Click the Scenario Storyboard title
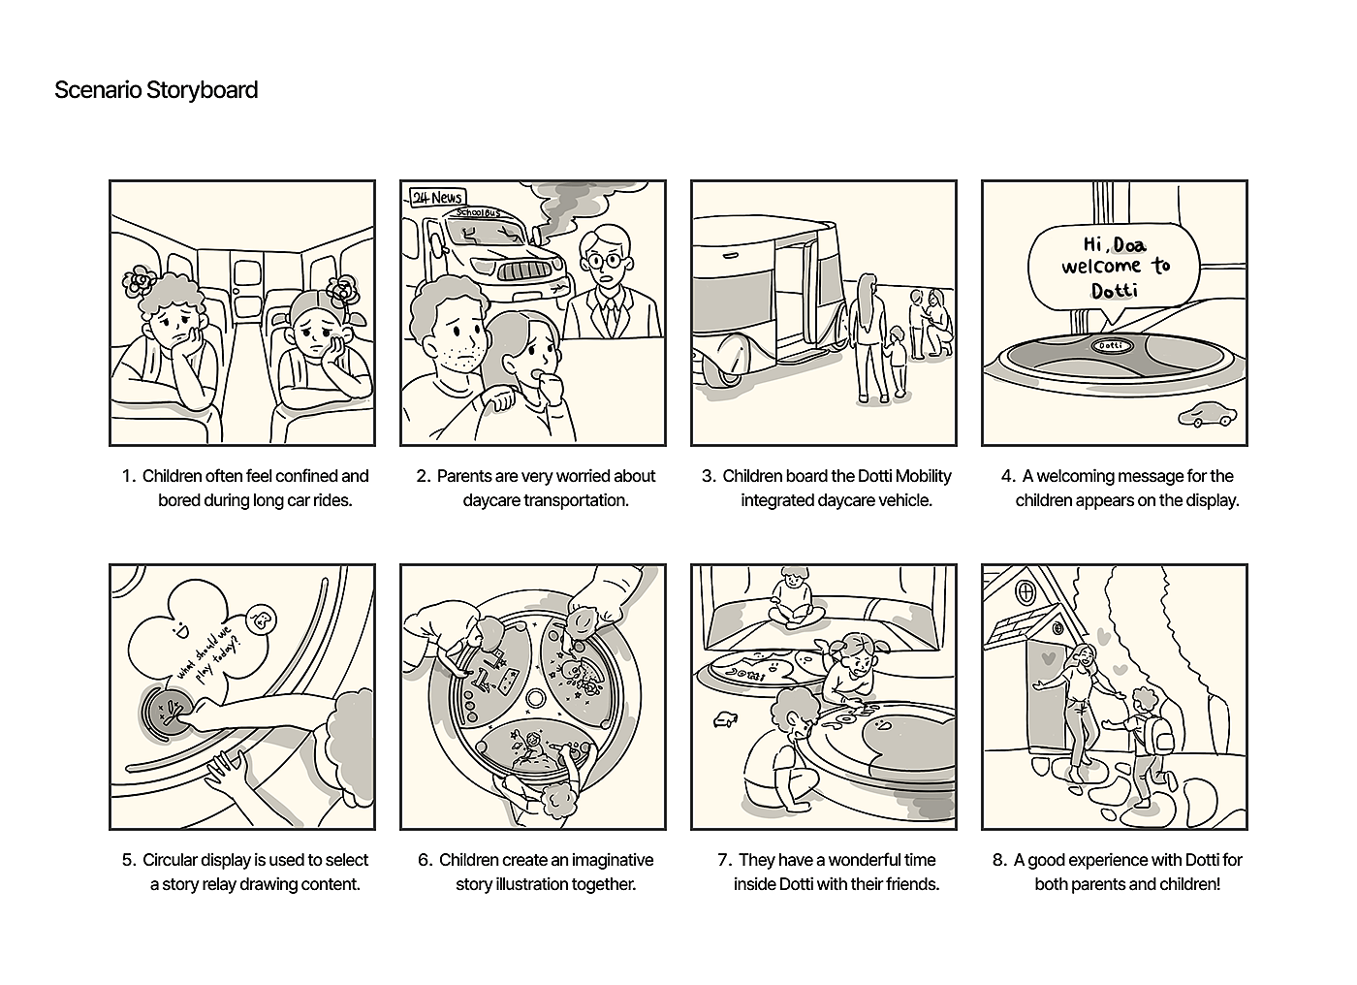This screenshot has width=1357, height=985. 156,90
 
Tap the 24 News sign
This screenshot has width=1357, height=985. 437,197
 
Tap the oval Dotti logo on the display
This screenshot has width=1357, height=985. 1111,346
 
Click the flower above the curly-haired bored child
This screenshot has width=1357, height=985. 140,280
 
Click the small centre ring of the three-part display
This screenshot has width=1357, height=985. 535,699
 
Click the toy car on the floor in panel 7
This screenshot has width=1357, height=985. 725,719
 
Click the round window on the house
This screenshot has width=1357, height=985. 1026,591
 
